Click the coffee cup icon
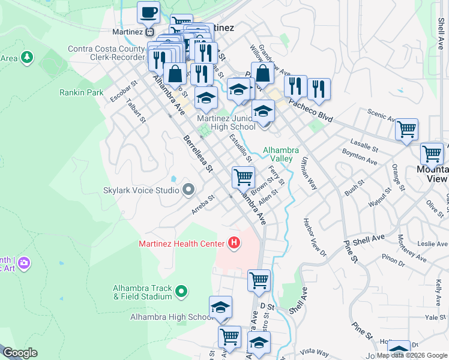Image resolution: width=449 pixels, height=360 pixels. [148, 13]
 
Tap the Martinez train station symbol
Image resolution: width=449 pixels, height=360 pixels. [150, 31]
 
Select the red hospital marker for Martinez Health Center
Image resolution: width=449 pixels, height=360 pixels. [234, 243]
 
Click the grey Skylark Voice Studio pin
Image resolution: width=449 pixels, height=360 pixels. [188, 190]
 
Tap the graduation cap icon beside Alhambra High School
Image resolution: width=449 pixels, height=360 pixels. [220, 308]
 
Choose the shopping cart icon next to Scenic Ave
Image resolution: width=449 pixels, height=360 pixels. [406, 130]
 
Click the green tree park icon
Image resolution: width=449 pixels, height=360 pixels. [26, 58]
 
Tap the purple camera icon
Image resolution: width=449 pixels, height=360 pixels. [24, 263]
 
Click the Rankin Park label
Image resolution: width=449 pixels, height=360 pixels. [82, 92]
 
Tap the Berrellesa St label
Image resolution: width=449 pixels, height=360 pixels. [198, 154]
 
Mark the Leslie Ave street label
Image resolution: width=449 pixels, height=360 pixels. [421, 244]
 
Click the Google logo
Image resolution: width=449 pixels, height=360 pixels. [20, 353]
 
